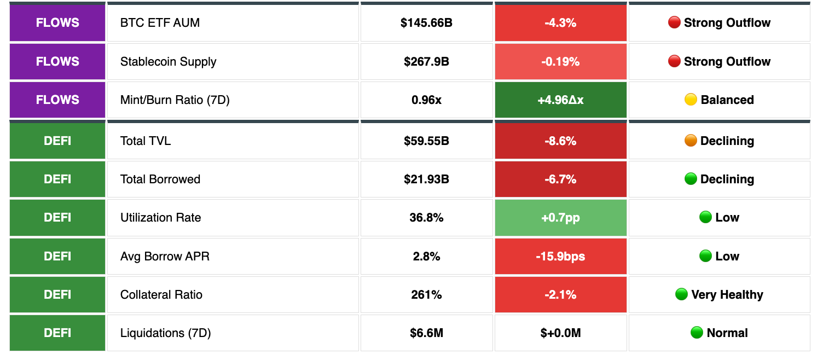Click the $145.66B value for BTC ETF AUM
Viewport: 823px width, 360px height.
[x=426, y=23]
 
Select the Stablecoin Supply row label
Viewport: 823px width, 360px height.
[x=168, y=62]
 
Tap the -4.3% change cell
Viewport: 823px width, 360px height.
[x=560, y=23]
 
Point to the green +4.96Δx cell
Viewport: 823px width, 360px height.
[x=560, y=100]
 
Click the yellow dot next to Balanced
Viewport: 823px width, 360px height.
[x=691, y=100]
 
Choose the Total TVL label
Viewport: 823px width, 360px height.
[x=146, y=141]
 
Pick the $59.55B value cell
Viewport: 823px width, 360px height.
[x=426, y=141]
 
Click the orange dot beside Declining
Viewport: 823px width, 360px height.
[x=691, y=141]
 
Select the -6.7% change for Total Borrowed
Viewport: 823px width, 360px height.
[x=560, y=179]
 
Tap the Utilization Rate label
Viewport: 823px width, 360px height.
[x=160, y=218]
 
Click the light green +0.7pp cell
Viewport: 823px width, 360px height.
[x=560, y=218]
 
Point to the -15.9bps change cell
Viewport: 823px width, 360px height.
[x=560, y=257]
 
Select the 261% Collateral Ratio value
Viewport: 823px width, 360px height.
[x=426, y=295]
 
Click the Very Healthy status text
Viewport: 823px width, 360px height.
[x=727, y=295]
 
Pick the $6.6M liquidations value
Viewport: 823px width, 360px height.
[x=426, y=333]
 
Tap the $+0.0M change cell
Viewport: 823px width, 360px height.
[x=560, y=333]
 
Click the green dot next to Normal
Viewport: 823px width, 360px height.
[x=697, y=333]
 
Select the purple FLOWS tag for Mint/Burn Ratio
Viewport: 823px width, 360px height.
[x=57, y=100]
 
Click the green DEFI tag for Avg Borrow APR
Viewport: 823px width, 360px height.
[x=57, y=257]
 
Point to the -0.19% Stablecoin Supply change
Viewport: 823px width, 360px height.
[x=560, y=62]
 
